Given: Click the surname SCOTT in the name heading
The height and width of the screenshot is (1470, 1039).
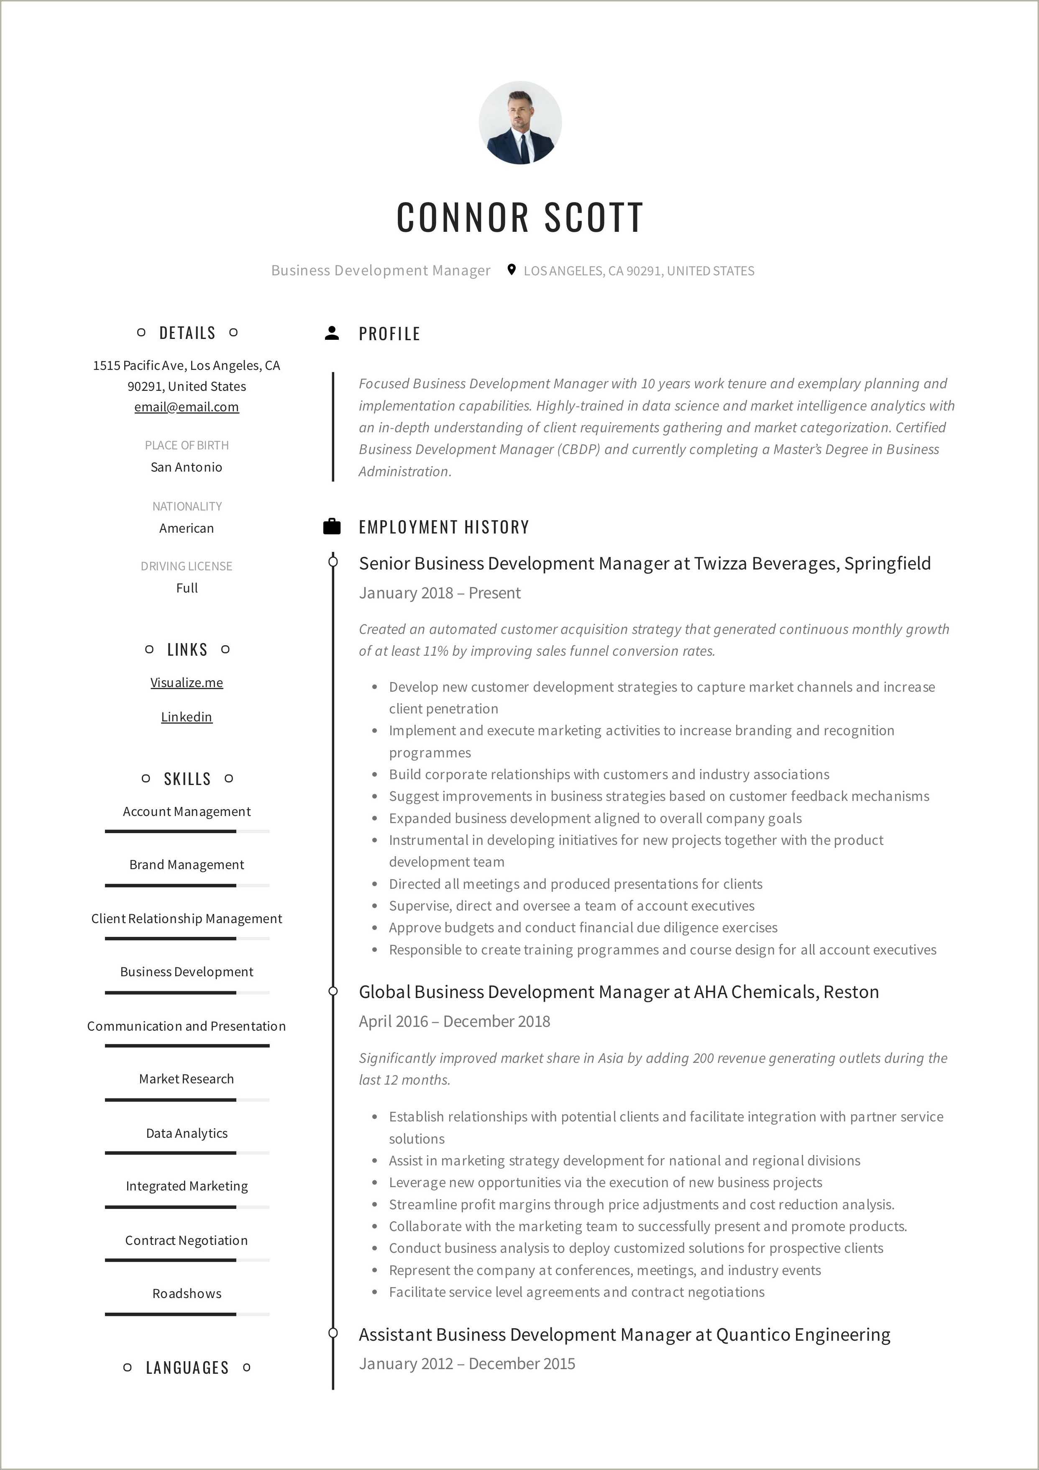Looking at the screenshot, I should (594, 217).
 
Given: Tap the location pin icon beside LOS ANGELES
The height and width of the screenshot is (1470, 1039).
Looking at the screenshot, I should (511, 269).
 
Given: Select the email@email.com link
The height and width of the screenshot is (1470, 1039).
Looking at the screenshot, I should (186, 407).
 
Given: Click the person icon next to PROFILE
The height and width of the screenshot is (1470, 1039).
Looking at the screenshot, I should (332, 333).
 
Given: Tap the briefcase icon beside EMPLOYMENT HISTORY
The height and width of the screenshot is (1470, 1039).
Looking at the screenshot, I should (332, 526).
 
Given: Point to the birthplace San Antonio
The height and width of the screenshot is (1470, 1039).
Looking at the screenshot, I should (186, 467).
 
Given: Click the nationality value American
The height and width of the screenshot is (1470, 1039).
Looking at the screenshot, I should (186, 528).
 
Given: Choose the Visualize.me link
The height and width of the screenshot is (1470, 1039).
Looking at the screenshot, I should (186, 682).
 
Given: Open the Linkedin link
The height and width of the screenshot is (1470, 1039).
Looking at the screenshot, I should (186, 717).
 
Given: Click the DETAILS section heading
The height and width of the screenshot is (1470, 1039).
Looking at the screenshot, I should (187, 333).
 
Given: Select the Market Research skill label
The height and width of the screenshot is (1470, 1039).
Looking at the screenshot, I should (186, 1079).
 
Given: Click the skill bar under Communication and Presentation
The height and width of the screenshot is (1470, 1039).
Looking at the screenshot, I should (187, 1046).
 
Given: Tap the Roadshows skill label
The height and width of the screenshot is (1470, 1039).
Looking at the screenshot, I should (186, 1293).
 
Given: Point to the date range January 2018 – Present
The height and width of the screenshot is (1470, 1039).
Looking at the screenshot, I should (440, 593).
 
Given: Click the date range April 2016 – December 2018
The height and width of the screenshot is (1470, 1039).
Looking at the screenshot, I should (454, 1021).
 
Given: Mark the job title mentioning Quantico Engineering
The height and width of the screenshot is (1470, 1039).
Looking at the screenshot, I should (624, 1334).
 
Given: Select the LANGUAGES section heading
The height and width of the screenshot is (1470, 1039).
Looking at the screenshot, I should (187, 1367).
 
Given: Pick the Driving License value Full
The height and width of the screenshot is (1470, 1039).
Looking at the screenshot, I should (186, 588).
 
